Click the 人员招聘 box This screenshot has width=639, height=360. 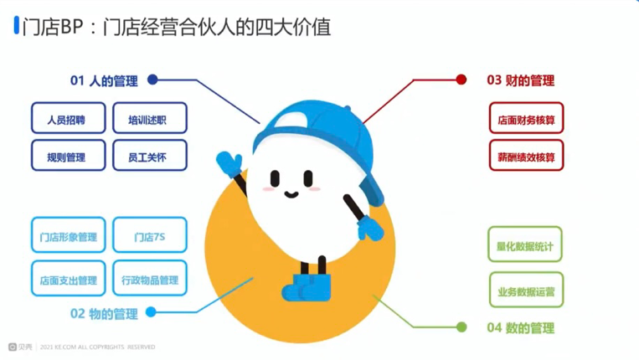pos(69,118)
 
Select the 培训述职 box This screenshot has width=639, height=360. pos(150,118)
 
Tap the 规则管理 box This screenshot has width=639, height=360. pos(69,155)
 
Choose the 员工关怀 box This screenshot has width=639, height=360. pos(150,155)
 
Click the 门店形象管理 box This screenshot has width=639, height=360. pos(69,235)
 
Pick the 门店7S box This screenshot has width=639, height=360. pos(150,235)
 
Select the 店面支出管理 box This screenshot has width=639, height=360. pos(69,278)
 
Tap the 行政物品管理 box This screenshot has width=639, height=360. pos(150,278)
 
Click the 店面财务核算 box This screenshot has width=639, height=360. pos(527,118)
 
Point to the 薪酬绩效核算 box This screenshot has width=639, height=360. pos(527,155)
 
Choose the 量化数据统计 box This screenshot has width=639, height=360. pos(525,244)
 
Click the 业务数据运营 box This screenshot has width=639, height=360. pos(527,290)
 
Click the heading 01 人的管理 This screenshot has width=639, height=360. pos(104,80)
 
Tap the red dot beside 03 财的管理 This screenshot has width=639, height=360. pos(461,80)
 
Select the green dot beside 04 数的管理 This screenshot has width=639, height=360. pos(461,327)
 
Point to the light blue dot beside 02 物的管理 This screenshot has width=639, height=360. pos(152,312)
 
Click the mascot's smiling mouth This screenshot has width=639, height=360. pos(291,195)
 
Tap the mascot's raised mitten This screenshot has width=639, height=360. pos(229,164)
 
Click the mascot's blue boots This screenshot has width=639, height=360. pos(307,287)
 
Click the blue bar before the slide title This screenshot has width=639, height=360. pos(17,25)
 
